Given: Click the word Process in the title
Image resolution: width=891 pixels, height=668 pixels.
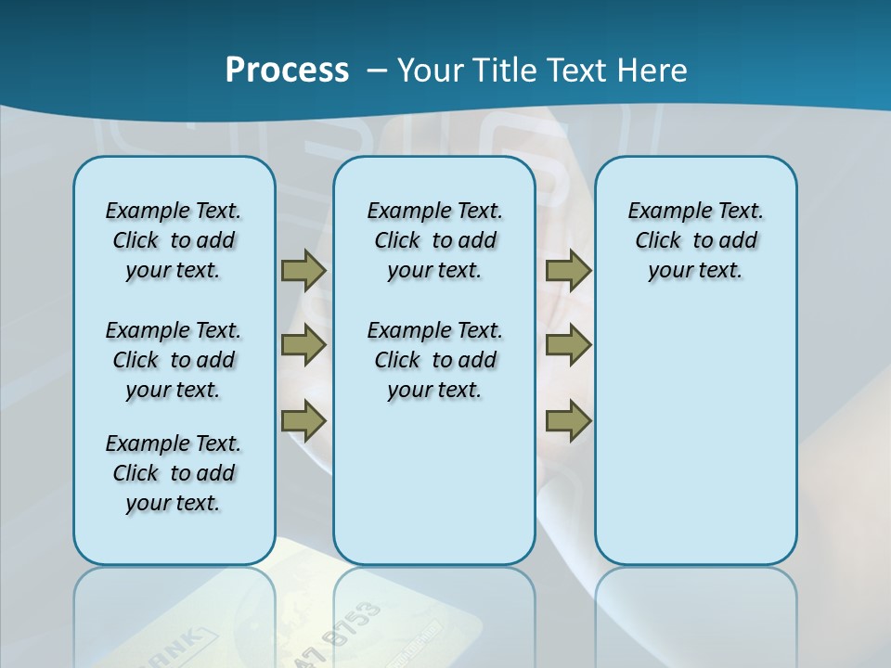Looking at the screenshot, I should [x=287, y=71].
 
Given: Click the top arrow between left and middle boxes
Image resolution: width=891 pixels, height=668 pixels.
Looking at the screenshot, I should [x=303, y=270].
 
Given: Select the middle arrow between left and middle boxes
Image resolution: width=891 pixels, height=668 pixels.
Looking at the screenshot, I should [x=303, y=346].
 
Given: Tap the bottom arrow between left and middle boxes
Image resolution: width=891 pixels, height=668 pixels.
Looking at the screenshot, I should [x=303, y=421].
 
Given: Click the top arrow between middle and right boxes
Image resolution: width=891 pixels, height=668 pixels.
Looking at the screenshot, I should [x=568, y=270].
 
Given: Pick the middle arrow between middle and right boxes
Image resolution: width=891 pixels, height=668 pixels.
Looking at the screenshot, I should [x=568, y=346].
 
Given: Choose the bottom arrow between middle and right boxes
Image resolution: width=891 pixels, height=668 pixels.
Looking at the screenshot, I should [x=568, y=421].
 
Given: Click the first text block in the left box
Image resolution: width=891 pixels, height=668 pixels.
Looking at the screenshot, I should [x=174, y=240].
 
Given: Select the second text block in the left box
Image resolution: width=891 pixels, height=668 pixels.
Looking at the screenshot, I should [x=174, y=360].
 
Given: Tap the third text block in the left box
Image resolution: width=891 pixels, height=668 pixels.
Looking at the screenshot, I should [x=174, y=473].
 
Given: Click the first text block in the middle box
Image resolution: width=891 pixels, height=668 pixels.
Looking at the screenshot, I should [x=434, y=240].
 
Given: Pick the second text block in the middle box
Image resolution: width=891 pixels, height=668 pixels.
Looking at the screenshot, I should [x=434, y=360].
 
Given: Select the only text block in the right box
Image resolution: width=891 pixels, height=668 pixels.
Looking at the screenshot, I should [x=695, y=240].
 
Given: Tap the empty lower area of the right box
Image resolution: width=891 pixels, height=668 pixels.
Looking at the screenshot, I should [x=695, y=445].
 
